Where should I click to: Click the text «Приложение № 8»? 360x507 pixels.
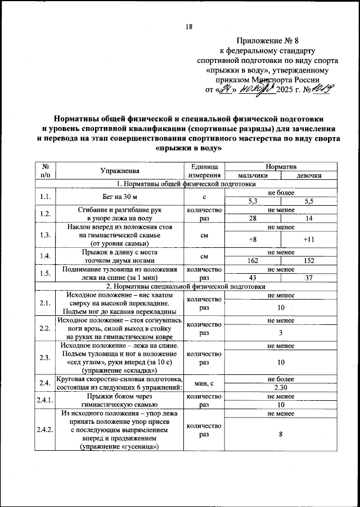(268, 41)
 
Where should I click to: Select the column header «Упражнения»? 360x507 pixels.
(120, 171)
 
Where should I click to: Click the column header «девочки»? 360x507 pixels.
(309, 175)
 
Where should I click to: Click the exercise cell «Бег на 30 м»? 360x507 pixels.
(120, 196)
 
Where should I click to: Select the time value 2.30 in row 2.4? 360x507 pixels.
(281, 387)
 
